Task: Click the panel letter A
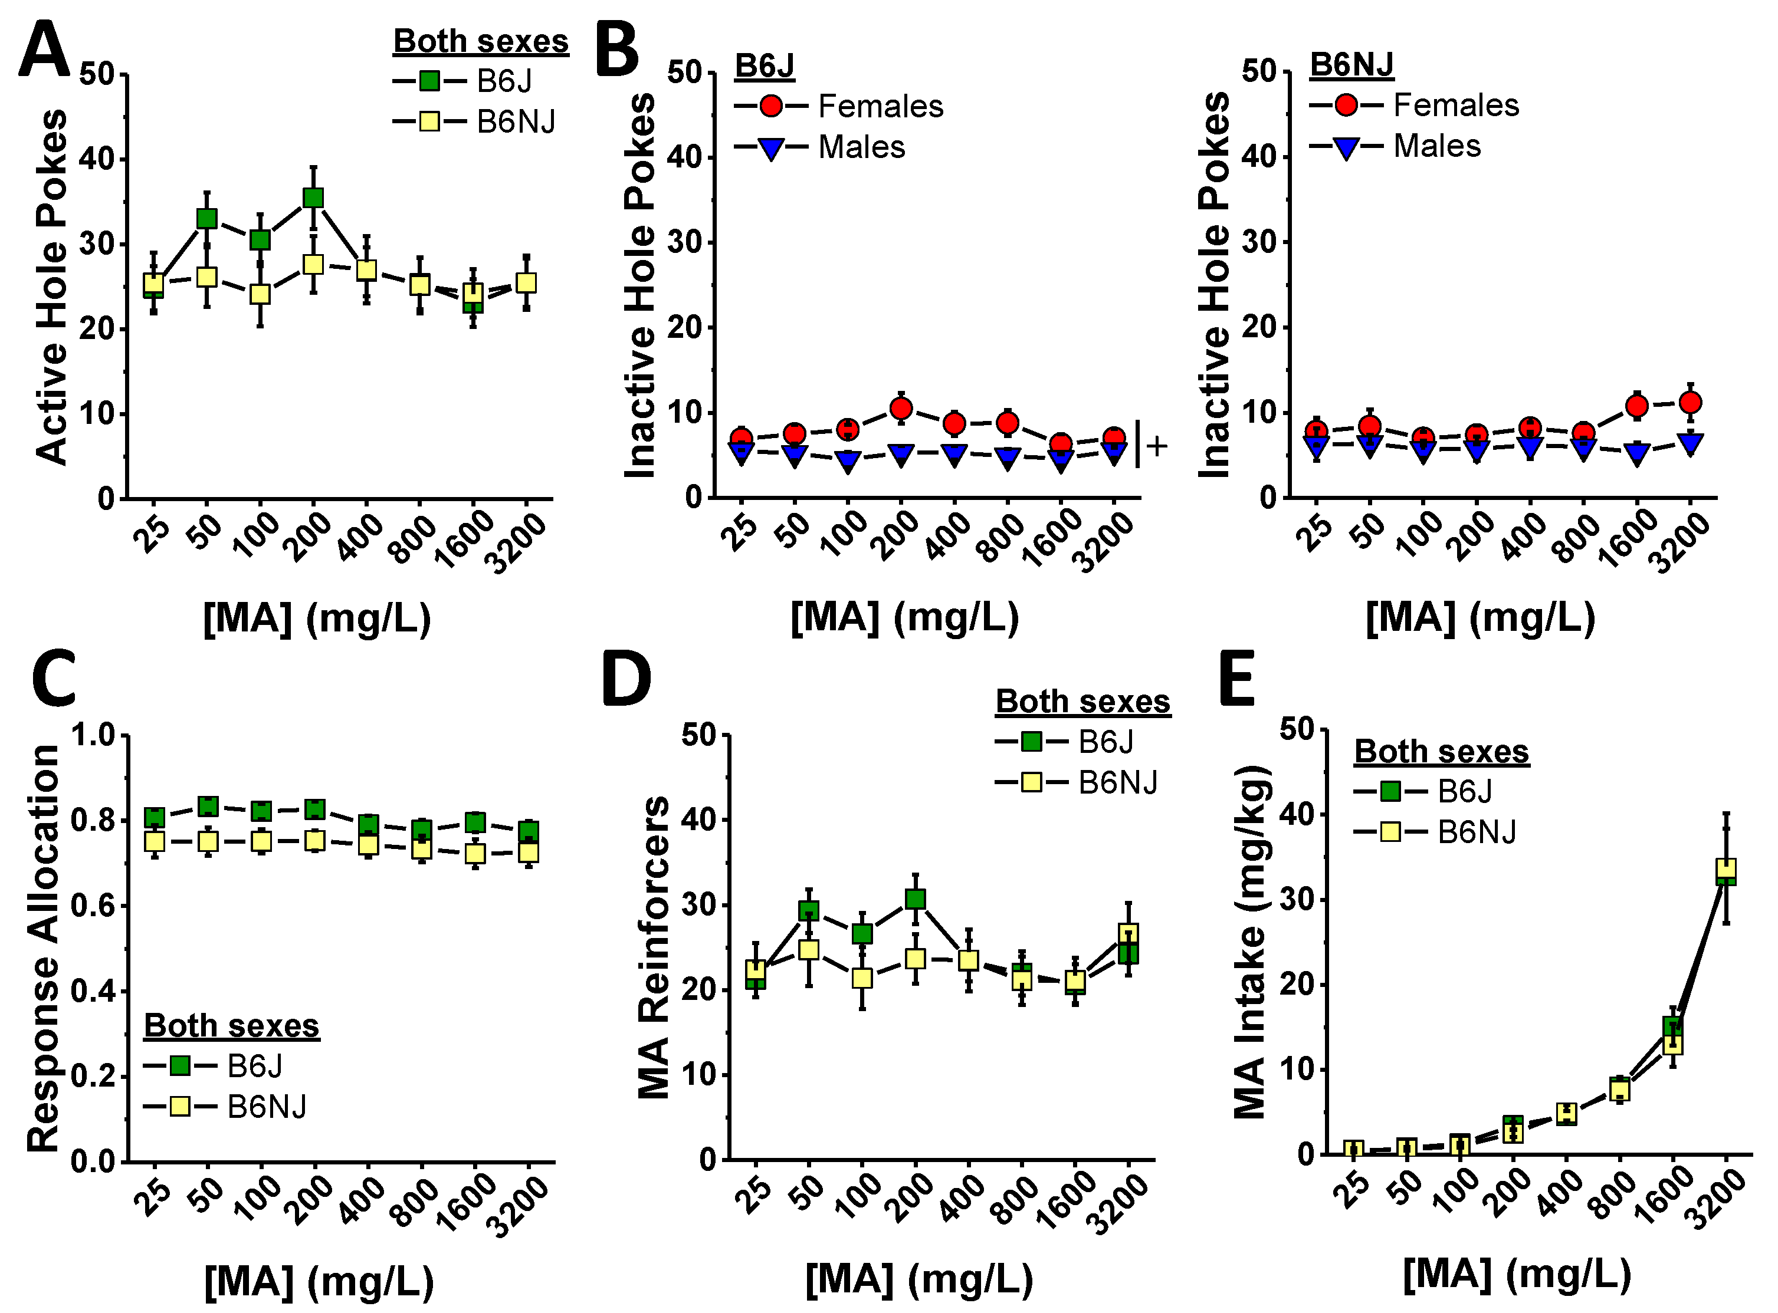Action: (44, 50)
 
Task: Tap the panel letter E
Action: (1236, 680)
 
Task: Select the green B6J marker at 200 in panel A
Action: (313, 197)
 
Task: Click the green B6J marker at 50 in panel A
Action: (206, 218)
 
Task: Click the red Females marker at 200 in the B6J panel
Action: (901, 409)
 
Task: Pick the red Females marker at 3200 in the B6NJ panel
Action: (1691, 403)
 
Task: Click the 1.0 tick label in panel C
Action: (94, 735)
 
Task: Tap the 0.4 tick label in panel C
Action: (94, 991)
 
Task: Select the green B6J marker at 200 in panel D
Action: (915, 899)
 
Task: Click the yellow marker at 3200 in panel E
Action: (1726, 868)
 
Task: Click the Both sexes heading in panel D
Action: (1082, 702)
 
